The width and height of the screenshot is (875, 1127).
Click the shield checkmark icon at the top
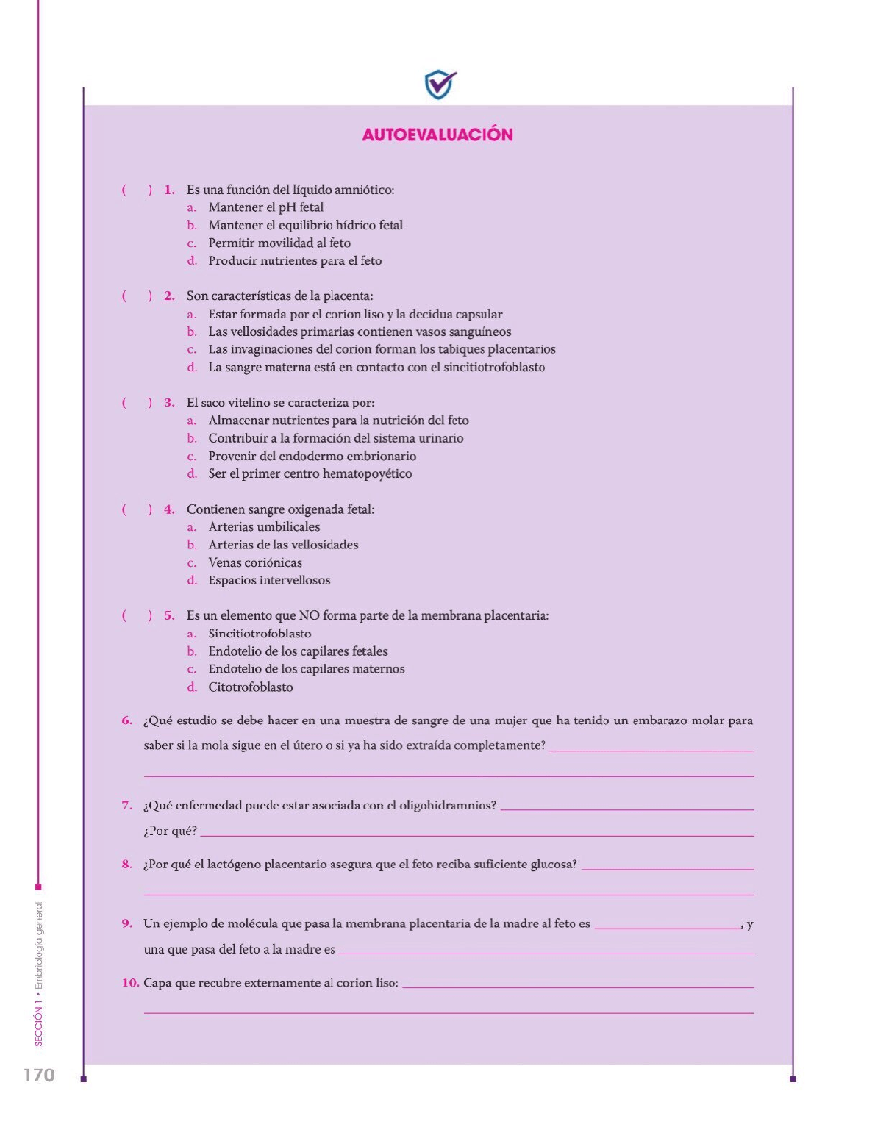click(440, 85)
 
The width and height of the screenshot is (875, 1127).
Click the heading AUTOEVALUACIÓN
click(438, 135)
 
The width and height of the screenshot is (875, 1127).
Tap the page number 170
click(39, 1075)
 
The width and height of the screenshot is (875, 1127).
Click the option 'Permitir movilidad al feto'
click(279, 243)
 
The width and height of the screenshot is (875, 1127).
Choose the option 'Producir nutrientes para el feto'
click(295, 260)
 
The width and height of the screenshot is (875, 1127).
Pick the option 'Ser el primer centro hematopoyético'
click(310, 473)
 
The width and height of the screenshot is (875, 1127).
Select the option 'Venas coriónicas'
click(255, 562)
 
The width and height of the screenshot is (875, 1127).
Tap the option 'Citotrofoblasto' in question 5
click(251, 687)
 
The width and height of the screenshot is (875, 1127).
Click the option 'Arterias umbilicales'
click(264, 526)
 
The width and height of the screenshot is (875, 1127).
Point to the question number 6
click(127, 720)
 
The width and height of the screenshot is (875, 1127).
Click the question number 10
click(130, 982)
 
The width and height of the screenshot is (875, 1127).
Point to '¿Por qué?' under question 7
click(171, 831)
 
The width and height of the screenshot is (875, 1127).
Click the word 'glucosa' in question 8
click(553, 864)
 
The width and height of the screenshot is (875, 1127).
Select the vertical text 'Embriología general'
click(39, 945)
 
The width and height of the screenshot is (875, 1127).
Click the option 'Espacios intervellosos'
click(269, 580)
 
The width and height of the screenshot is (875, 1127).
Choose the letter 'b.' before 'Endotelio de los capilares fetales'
click(192, 651)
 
